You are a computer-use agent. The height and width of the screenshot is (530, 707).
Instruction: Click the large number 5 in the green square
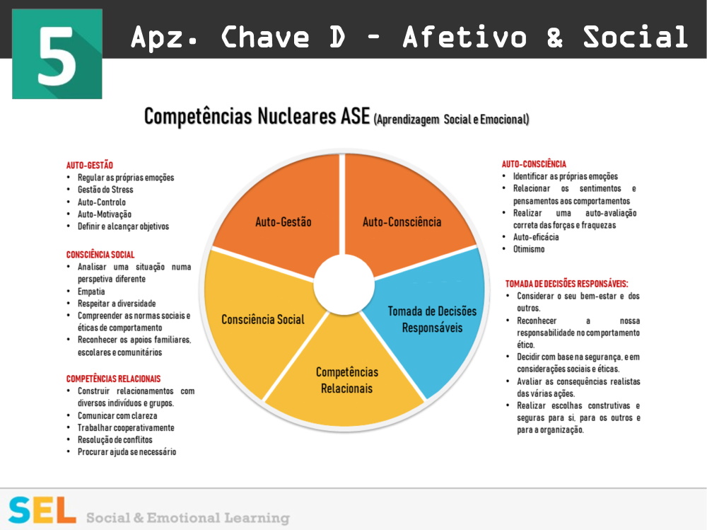[57, 54]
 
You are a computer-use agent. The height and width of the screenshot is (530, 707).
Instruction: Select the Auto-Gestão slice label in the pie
[283, 222]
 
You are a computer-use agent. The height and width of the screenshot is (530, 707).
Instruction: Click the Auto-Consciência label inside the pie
[402, 222]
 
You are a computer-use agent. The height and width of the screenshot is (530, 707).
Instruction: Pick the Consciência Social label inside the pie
[262, 319]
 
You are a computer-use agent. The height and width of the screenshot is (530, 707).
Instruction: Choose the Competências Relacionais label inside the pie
[346, 380]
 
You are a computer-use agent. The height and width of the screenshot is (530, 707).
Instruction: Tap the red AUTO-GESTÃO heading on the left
[90, 165]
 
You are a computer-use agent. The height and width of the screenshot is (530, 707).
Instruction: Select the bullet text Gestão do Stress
[105, 190]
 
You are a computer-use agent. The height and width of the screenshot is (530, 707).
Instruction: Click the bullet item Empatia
[91, 292]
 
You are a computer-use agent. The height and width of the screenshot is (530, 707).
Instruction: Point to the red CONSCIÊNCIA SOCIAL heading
[100, 255]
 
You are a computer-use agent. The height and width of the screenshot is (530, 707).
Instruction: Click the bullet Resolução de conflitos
[115, 439]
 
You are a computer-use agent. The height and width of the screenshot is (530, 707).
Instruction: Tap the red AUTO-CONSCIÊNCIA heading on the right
[534, 164]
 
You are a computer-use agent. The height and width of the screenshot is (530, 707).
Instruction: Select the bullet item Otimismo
[529, 249]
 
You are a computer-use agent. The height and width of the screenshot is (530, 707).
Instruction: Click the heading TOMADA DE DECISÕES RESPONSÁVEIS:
[566, 284]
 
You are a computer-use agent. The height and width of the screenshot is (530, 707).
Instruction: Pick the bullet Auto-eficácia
[536, 237]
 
